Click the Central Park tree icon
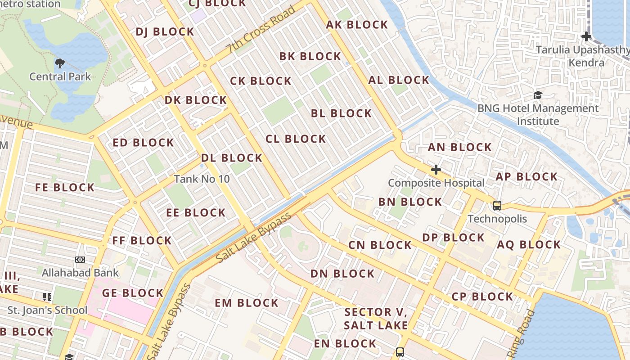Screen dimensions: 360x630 pyautogui.click(x=59, y=63)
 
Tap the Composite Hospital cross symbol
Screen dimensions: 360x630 pyautogui.click(x=436, y=170)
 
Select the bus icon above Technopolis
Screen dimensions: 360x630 pyautogui.click(x=497, y=206)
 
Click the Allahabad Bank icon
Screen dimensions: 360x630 pyautogui.click(x=80, y=260)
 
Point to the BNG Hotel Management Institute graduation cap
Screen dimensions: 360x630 pyautogui.click(x=538, y=95)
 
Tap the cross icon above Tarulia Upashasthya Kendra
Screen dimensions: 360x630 pyautogui.click(x=586, y=36)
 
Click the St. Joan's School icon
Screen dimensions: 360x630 pyautogui.click(x=47, y=297)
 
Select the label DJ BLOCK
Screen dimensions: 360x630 pyautogui.click(x=165, y=32)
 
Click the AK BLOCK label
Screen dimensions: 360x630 pyautogui.click(x=357, y=25)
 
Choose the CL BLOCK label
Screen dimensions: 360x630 pyautogui.click(x=296, y=139)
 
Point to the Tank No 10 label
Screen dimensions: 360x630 pyautogui.click(x=202, y=179)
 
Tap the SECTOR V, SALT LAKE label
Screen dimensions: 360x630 pyautogui.click(x=376, y=319)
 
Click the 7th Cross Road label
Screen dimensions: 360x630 pyautogui.click(x=261, y=30)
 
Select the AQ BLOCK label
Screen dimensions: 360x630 pyautogui.click(x=529, y=245)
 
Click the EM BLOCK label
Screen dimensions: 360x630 pyautogui.click(x=246, y=303)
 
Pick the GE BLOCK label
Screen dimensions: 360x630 pyautogui.click(x=132, y=293)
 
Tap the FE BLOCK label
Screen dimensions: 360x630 pyautogui.click(x=65, y=188)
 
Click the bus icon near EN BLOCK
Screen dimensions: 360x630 pyautogui.click(x=400, y=352)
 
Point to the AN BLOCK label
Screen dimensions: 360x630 pyautogui.click(x=459, y=148)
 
